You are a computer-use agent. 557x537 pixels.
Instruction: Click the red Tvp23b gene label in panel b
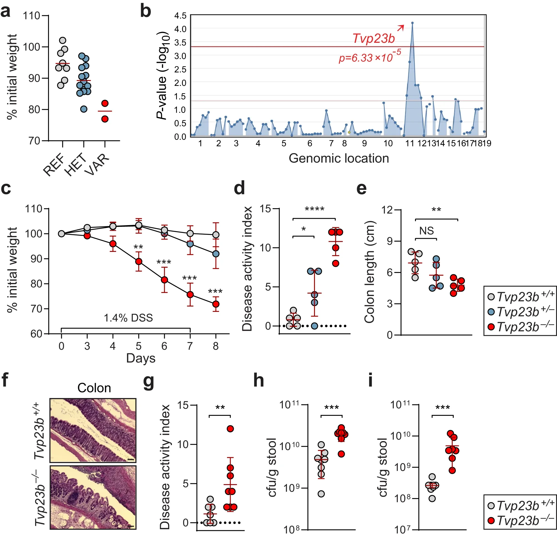[373, 38]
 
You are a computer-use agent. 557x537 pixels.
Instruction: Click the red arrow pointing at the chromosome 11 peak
[400, 28]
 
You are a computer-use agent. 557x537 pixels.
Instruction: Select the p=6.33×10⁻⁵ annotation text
[369, 57]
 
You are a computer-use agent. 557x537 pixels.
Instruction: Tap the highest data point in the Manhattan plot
[412, 23]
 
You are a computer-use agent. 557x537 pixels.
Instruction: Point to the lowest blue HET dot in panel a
[83, 109]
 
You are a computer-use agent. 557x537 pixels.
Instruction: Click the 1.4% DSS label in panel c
[128, 318]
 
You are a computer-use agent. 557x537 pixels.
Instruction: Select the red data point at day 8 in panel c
[216, 304]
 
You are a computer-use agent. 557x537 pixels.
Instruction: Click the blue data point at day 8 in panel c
[216, 253]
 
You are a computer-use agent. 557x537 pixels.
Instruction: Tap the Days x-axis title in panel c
[141, 358]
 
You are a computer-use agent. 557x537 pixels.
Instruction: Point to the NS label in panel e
[426, 231]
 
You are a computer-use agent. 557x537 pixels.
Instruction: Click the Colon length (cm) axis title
[370, 272]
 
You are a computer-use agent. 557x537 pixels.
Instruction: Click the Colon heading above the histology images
[94, 388]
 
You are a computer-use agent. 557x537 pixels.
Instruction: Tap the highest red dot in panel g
[230, 429]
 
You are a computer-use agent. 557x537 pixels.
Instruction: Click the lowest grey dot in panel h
[321, 494]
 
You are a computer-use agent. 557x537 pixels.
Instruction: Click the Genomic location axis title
[339, 158]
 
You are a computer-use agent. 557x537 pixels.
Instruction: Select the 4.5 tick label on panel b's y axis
[180, 15]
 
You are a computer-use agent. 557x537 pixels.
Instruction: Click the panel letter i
[370, 381]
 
